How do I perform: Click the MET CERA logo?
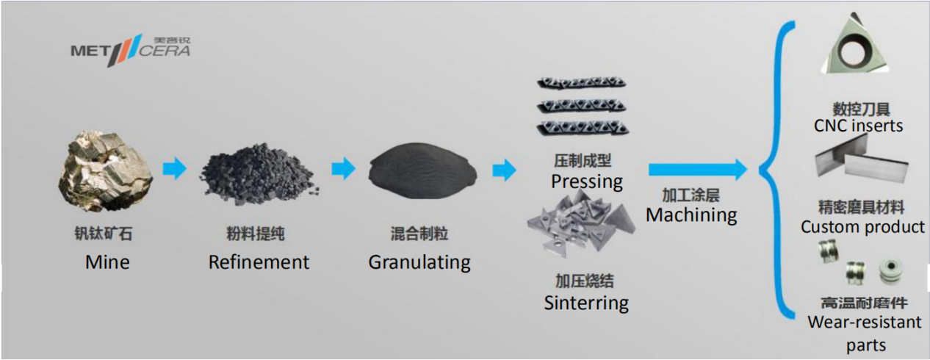click(x=130, y=50)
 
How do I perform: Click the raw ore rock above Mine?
click(x=106, y=171)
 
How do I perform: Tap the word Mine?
click(x=107, y=262)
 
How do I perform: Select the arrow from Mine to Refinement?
click(x=174, y=168)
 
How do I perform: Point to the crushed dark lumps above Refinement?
click(x=259, y=174)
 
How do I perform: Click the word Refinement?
click(x=259, y=262)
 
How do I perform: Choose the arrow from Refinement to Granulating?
click(x=343, y=168)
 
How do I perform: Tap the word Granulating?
click(x=419, y=262)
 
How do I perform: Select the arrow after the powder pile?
click(x=505, y=170)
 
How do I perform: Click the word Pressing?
click(x=587, y=181)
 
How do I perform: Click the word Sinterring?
click(x=586, y=303)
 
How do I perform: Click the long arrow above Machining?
click(x=698, y=170)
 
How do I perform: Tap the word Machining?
click(x=691, y=215)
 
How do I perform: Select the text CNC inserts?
click(x=858, y=126)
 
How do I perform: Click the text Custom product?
click(x=862, y=227)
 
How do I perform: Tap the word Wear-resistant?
click(x=865, y=323)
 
